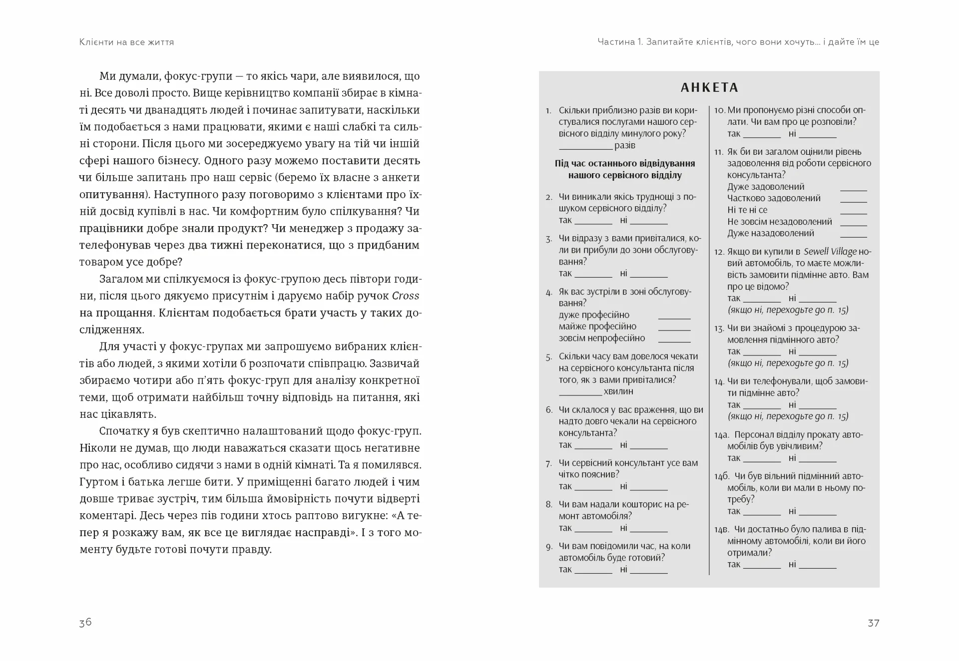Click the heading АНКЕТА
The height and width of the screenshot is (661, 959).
pyautogui.click(x=709, y=88)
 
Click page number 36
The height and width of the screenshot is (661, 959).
pyautogui.click(x=85, y=622)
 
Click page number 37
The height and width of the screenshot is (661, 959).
pyautogui.click(x=873, y=623)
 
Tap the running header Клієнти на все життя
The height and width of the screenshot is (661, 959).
pyautogui.click(x=126, y=42)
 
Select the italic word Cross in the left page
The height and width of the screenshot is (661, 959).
pyautogui.click(x=406, y=296)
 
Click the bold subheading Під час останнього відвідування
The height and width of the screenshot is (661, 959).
pyautogui.click(x=625, y=164)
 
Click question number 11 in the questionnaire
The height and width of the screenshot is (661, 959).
pyautogui.click(x=718, y=152)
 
